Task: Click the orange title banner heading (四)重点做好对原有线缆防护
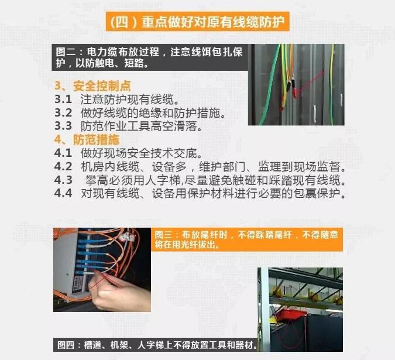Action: (197, 22)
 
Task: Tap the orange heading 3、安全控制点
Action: (92, 86)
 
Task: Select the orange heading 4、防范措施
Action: (87, 139)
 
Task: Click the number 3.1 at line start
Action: (63, 100)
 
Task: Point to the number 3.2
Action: (63, 112)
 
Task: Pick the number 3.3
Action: (63, 126)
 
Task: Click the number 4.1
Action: (63, 153)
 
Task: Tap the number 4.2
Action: (63, 166)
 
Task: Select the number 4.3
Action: (63, 180)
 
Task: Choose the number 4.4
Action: (63, 193)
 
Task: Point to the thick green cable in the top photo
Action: (270, 85)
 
